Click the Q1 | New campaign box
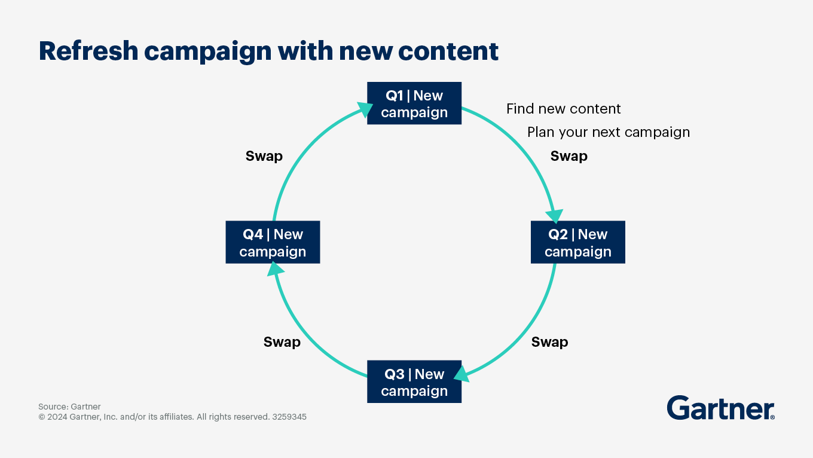414,103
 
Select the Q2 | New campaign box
577,242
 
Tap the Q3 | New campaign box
414,381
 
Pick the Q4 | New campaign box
273,242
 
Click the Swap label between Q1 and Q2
569,156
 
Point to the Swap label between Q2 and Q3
549,342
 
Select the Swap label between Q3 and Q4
282,342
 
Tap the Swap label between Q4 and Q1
264,156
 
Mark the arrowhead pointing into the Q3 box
461,375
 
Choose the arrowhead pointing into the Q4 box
275,270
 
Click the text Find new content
563,109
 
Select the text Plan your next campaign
608,132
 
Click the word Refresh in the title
87,51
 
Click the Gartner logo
720,408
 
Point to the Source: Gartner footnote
69,407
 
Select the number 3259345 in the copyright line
289,417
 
